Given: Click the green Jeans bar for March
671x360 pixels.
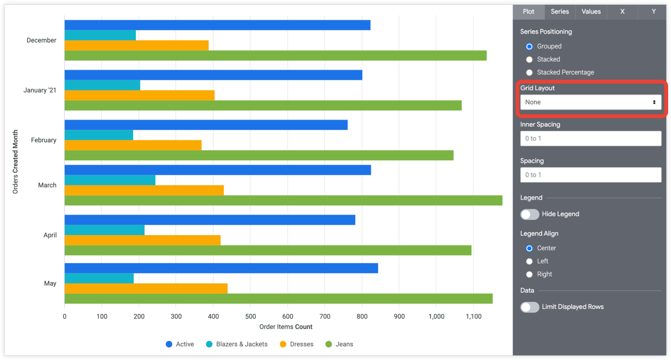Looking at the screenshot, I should [283, 201].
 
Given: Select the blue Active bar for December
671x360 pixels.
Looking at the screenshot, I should [217, 25].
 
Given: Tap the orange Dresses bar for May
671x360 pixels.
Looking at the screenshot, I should [146, 288].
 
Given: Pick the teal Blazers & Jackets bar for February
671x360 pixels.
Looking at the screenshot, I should [98, 135].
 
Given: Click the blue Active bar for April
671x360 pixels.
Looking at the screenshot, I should [210, 220].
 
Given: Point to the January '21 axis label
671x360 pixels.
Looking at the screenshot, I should [40, 90].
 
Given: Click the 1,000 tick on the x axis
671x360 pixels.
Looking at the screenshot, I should [436, 316].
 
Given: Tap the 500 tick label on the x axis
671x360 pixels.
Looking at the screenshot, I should [251, 316].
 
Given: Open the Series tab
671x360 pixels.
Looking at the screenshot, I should [560, 12].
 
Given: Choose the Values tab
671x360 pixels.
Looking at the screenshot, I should [591, 12].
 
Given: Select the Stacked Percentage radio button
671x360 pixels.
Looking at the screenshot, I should [529, 72].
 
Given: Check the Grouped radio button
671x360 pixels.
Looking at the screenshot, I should [529, 47].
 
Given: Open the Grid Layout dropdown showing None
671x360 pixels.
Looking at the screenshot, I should [590, 102].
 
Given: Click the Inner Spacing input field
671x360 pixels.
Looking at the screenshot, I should [590, 139].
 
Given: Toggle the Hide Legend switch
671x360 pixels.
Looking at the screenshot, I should [530, 214].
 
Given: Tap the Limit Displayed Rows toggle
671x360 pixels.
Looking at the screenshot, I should [530, 307].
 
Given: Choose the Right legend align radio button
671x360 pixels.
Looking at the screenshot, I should [529, 275].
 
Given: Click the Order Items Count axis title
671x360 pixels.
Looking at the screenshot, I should [286, 327].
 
